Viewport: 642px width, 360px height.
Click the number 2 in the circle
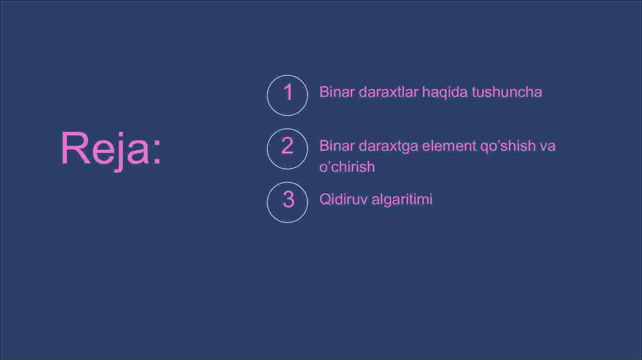tap(287, 145)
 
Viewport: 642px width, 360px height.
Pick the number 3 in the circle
tap(288, 200)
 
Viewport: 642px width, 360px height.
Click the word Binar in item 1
tap(337, 92)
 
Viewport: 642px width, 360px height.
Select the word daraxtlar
tap(388, 92)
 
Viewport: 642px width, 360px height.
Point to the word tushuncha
tap(507, 92)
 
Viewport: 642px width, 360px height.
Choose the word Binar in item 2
tap(337, 146)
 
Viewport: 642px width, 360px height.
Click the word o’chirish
tap(347, 166)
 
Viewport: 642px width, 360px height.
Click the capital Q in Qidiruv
tap(325, 199)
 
